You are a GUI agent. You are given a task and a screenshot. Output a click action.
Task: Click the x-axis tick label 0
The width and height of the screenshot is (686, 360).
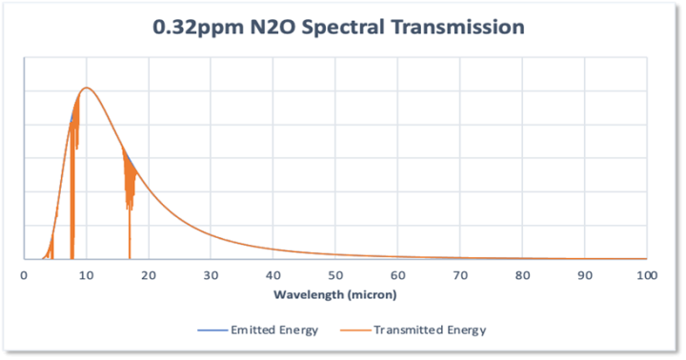[24, 275]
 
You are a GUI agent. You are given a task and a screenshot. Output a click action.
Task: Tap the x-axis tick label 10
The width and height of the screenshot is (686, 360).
[86, 275]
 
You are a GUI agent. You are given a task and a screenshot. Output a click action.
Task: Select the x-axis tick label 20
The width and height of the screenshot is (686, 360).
[149, 275]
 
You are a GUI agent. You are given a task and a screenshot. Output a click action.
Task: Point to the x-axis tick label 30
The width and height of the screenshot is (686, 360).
[211, 275]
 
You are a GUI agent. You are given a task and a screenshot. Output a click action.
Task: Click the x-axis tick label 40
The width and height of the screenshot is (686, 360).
[273, 275]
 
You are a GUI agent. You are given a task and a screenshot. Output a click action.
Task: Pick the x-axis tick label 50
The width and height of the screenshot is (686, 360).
[335, 275]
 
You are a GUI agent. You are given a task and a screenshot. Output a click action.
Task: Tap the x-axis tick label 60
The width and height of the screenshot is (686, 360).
[397, 275]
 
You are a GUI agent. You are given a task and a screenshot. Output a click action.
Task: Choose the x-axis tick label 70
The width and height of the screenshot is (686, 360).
[460, 275]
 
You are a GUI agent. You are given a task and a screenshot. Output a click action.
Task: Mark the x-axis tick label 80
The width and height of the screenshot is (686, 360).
[522, 275]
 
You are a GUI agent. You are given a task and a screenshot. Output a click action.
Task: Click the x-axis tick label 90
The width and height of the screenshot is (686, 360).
[585, 275]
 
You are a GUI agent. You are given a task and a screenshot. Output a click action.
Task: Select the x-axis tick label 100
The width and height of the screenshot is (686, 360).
[647, 275]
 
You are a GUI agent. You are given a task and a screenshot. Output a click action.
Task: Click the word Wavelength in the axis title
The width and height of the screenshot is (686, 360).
[309, 295]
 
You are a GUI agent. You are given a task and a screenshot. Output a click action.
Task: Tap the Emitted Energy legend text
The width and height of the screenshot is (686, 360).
[274, 330]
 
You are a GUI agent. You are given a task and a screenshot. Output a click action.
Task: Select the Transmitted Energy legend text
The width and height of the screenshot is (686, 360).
[430, 330]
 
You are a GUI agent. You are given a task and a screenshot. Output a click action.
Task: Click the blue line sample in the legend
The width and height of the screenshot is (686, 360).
[212, 330]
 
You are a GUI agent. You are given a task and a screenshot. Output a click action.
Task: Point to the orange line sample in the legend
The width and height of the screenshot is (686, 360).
[355, 330]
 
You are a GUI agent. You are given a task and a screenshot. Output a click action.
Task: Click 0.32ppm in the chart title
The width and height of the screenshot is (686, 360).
[198, 28]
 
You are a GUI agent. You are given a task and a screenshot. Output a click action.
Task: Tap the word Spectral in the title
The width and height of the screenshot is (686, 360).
[343, 28]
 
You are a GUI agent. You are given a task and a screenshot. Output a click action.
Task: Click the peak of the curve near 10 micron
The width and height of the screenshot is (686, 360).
[87, 88]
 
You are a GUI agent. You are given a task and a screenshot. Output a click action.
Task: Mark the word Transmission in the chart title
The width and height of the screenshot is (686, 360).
[457, 27]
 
